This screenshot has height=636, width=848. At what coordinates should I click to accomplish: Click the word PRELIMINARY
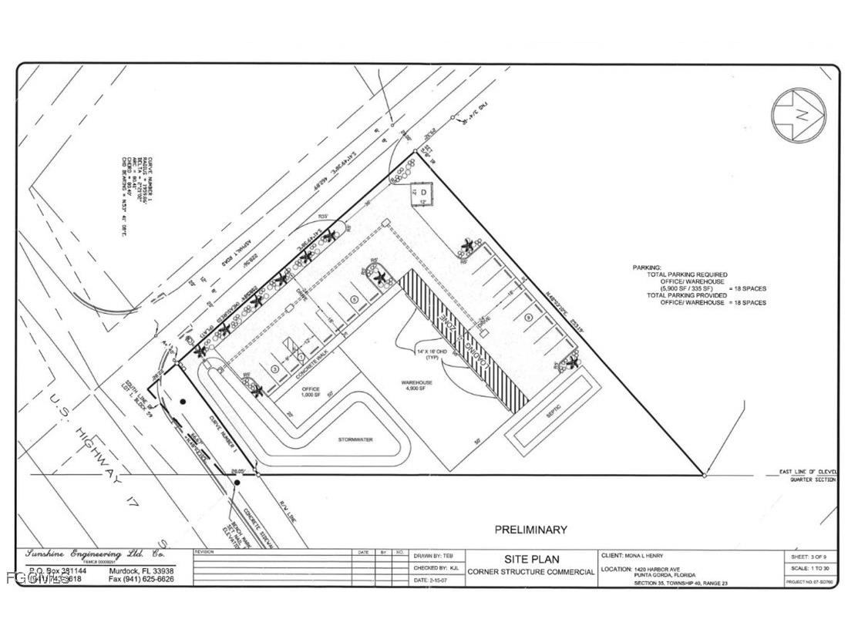(x=530, y=530)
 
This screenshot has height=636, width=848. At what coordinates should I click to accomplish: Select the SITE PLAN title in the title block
(x=531, y=559)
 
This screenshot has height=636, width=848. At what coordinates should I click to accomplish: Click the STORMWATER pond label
(x=355, y=439)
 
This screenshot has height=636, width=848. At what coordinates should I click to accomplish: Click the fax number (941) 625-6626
(x=141, y=578)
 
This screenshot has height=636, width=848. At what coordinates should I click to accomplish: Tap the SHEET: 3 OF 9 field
(x=808, y=556)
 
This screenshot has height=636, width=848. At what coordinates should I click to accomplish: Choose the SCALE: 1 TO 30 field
(x=808, y=569)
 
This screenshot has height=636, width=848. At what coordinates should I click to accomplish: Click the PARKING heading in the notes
(x=646, y=268)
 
